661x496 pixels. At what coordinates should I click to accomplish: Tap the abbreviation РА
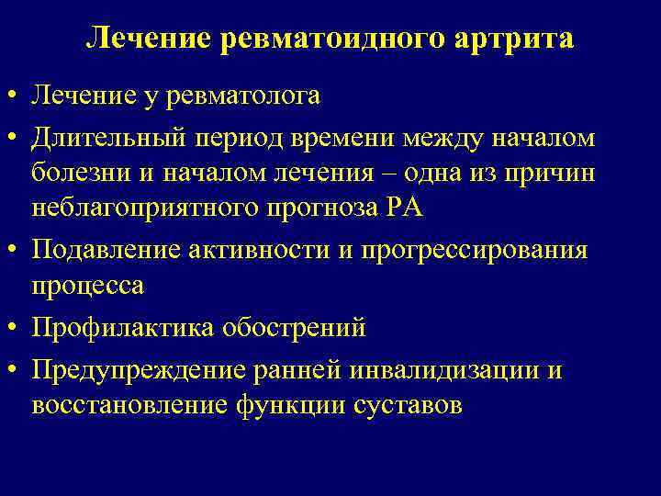pos(404,208)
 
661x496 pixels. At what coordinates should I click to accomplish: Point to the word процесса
pos(87,286)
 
